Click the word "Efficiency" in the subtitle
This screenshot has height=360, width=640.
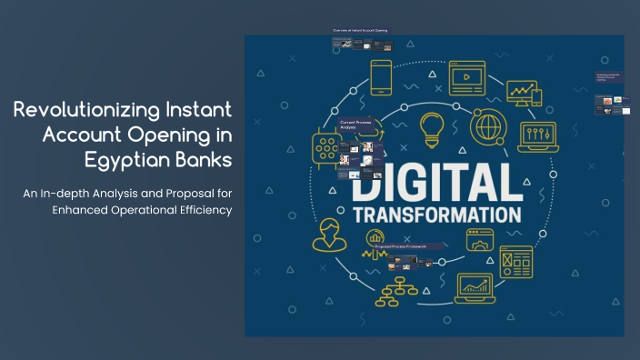[x=201, y=211]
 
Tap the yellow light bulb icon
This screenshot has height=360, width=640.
[x=433, y=129]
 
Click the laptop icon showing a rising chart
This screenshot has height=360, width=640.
[x=475, y=289]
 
